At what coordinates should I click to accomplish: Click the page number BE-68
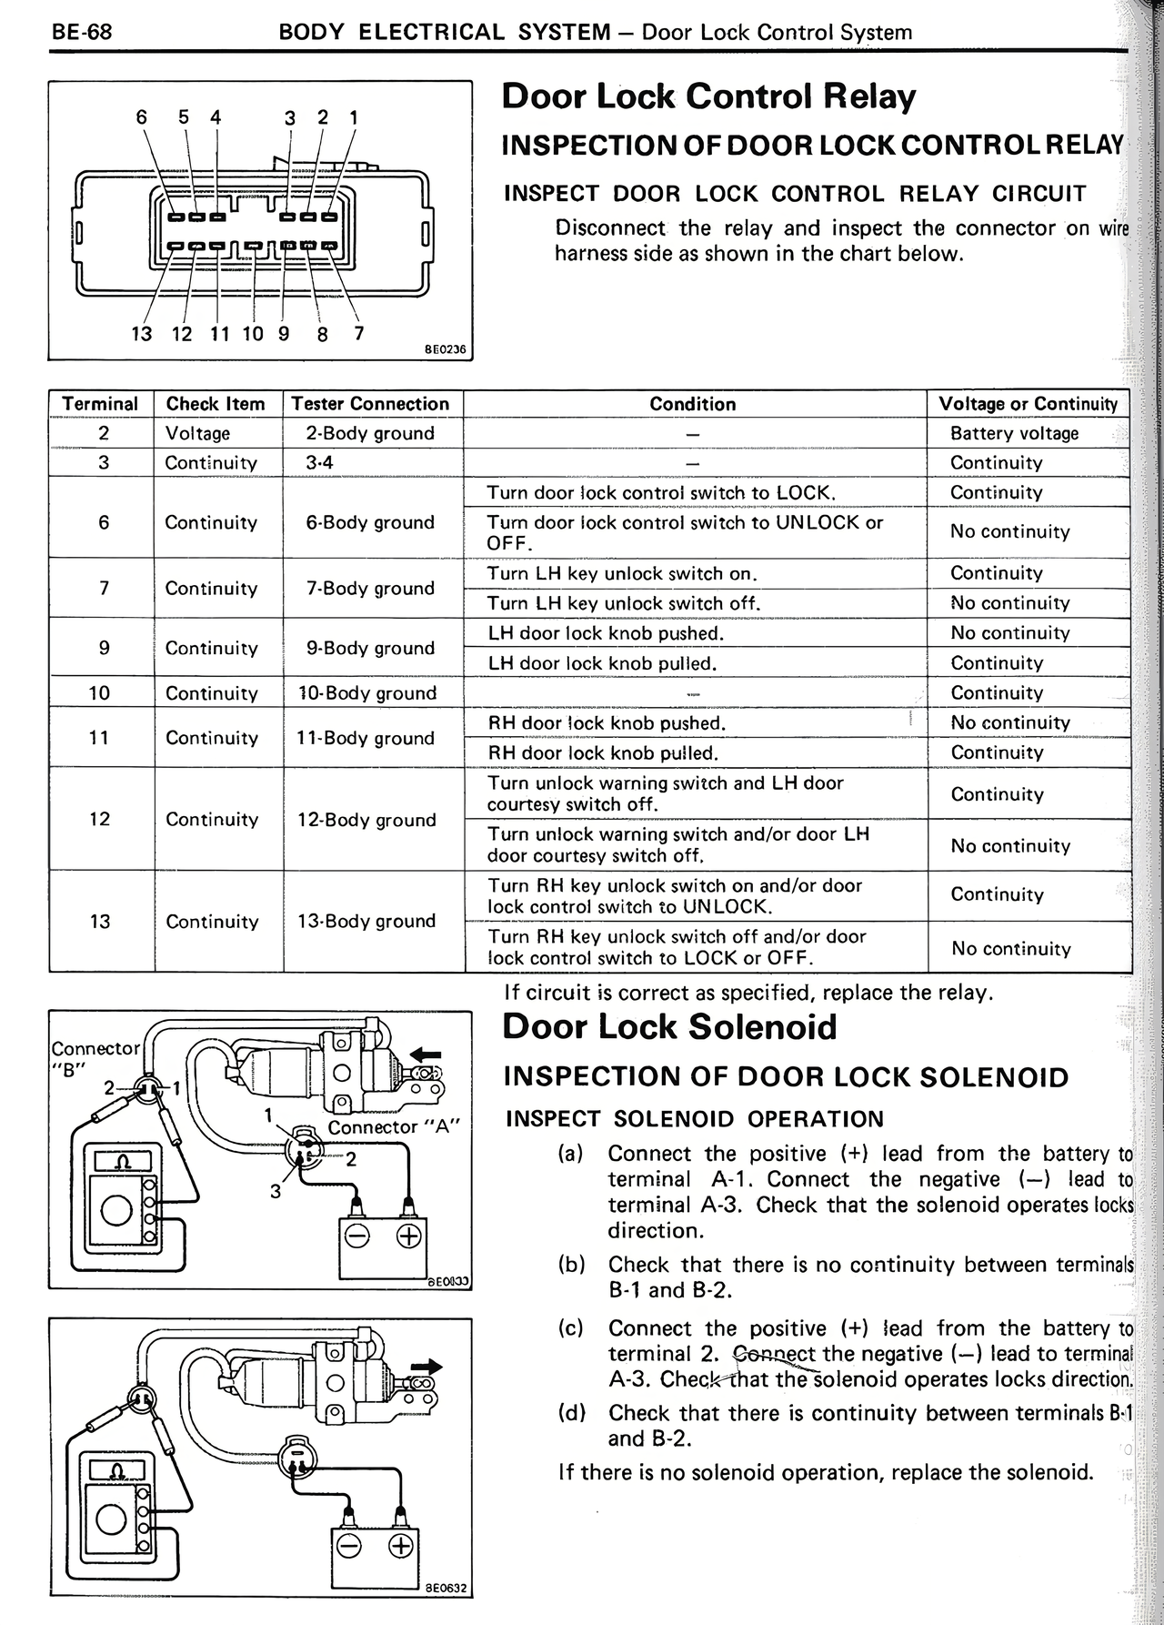(82, 33)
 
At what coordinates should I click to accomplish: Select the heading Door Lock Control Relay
(708, 97)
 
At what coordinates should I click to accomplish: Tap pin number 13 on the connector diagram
(142, 334)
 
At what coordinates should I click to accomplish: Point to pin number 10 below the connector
(252, 334)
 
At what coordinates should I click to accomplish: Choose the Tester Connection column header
(370, 404)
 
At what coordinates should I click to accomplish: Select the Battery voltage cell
(1014, 433)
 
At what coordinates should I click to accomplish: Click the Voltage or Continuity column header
(1028, 404)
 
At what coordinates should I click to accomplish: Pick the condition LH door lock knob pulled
(602, 663)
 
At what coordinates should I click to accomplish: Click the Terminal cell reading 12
(100, 819)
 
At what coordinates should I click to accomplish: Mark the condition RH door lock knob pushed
(606, 723)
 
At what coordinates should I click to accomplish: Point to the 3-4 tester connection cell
(320, 463)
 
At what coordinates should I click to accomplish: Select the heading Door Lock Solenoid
(669, 1026)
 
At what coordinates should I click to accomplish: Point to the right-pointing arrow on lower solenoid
(426, 1367)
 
